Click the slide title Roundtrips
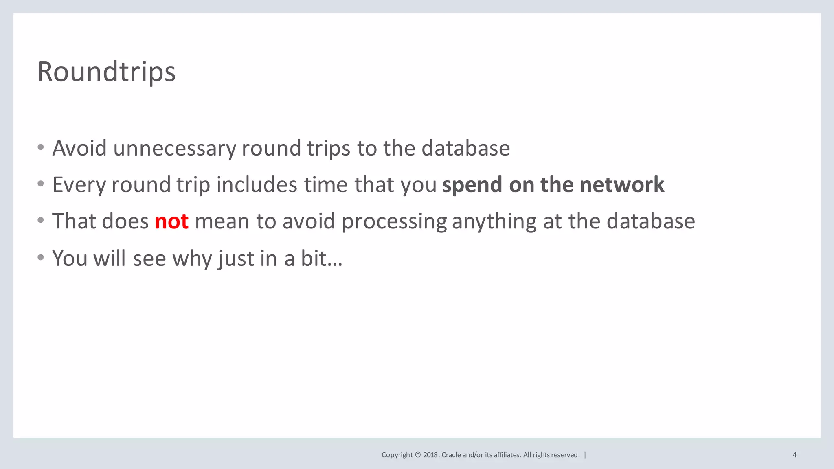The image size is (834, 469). (x=106, y=72)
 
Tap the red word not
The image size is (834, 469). (x=171, y=221)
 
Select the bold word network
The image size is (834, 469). (x=622, y=184)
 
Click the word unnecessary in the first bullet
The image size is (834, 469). (x=174, y=148)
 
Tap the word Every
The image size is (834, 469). (x=79, y=185)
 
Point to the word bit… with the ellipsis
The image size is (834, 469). (x=321, y=258)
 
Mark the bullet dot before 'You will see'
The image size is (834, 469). (x=40, y=258)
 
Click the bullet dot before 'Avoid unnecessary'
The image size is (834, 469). (x=40, y=147)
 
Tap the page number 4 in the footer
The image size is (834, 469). (x=794, y=455)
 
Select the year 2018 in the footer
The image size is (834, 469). (x=431, y=455)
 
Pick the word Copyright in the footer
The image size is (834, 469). (x=397, y=455)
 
